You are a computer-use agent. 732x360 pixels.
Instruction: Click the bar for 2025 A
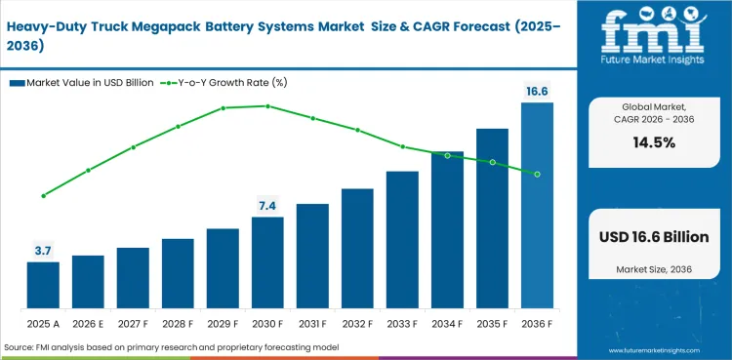43,285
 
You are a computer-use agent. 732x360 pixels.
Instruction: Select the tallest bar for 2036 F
537,205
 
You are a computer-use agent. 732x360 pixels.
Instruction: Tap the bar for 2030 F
267,262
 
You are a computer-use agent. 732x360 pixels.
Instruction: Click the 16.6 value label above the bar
537,91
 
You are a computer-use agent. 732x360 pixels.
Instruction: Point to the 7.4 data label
267,205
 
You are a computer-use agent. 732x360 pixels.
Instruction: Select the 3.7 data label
43,251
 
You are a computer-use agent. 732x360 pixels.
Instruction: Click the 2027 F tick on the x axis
133,323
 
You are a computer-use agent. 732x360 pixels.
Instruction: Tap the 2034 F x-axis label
447,323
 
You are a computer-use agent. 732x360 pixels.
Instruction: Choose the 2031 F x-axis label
312,323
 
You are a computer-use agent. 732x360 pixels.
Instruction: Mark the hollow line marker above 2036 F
537,174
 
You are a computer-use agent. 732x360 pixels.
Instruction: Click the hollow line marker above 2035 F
492,162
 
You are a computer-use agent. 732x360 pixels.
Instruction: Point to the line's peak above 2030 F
267,105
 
